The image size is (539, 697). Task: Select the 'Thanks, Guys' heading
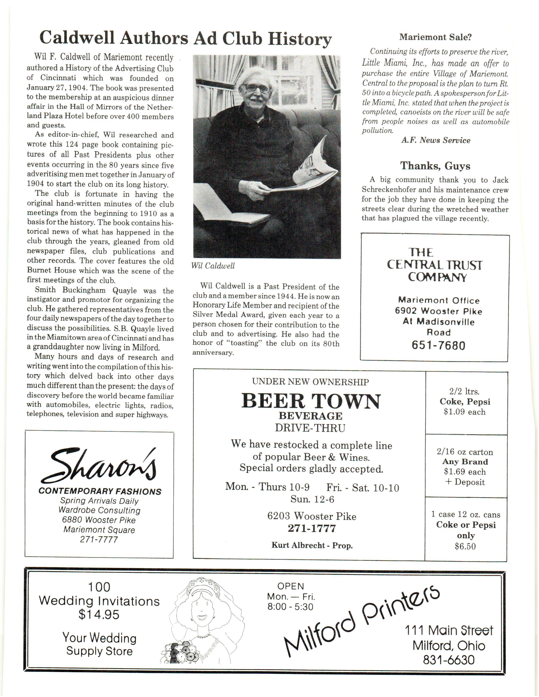tap(435, 166)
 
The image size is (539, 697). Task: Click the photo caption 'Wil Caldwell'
tap(213, 266)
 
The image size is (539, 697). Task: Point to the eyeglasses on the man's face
tap(256, 88)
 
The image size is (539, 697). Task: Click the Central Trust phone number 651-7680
tap(438, 345)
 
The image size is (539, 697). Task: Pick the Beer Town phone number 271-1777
tap(312, 528)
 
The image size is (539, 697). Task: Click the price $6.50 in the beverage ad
tap(465, 546)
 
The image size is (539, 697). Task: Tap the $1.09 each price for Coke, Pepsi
tap(465, 412)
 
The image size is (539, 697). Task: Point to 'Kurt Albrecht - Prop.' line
tap(312, 545)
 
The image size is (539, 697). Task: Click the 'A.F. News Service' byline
tap(436, 140)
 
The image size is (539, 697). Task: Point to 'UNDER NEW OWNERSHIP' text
tap(310, 382)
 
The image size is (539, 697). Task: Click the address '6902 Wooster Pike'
tap(438, 311)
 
